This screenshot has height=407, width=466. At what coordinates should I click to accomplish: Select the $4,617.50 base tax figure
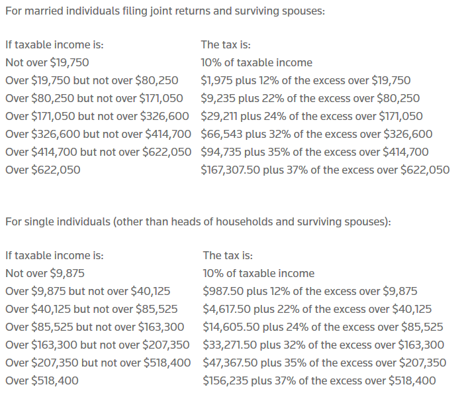[x=224, y=309]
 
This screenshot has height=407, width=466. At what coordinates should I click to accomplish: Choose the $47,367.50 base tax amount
[x=228, y=363]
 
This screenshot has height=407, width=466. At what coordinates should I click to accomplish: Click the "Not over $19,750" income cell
[x=47, y=62]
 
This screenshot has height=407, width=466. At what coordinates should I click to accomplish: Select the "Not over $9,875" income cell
[x=44, y=273]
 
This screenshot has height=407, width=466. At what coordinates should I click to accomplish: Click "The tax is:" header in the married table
[x=226, y=45]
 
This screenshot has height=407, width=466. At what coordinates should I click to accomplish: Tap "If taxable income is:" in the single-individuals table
[x=54, y=255]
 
